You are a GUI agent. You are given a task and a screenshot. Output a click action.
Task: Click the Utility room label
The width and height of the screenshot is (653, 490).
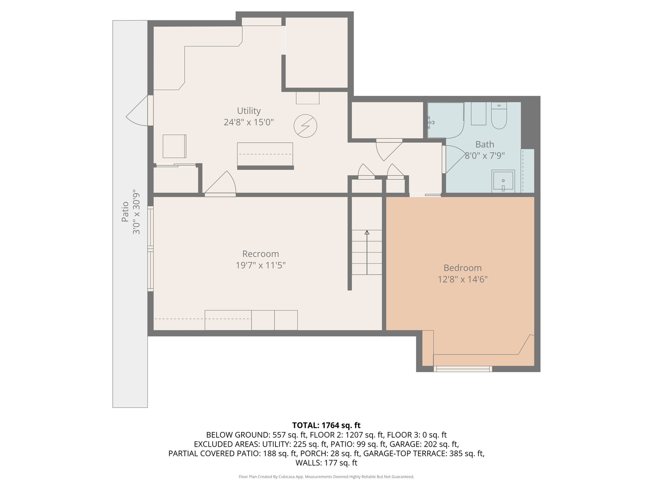[x=249, y=111]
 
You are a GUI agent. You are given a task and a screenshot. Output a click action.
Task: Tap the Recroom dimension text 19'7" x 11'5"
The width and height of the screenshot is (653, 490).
[x=261, y=265]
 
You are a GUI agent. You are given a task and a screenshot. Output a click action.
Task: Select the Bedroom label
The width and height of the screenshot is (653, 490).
[x=462, y=268]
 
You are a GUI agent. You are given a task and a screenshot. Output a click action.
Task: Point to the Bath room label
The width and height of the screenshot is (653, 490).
[x=484, y=144]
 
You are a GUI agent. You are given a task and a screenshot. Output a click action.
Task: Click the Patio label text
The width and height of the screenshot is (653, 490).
[x=125, y=212]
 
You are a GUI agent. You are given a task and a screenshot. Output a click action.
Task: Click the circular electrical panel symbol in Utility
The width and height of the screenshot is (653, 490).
[x=305, y=126]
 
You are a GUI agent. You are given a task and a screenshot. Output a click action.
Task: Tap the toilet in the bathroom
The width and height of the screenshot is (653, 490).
[x=499, y=116]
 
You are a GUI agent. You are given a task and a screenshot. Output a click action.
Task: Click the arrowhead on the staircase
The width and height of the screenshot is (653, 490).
[x=367, y=232]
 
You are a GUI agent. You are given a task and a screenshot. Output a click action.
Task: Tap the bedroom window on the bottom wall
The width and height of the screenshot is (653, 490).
[x=462, y=369]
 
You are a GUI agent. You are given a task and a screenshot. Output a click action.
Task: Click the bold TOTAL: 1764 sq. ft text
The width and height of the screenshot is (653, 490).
[x=326, y=425]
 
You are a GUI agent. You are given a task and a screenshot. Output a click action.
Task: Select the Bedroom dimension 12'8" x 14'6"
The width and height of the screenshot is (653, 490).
[x=462, y=279]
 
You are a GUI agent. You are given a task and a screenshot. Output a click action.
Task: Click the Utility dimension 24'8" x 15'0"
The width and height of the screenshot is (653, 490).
[x=249, y=122]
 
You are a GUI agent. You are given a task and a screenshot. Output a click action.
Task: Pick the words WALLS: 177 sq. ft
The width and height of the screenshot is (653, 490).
[x=326, y=463]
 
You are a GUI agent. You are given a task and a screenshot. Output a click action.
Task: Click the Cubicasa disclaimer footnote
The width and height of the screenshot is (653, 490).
[x=326, y=477]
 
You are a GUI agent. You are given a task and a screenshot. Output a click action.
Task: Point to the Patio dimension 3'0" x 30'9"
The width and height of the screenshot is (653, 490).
[x=136, y=212]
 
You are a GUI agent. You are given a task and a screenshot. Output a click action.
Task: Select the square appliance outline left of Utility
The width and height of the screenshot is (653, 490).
[x=174, y=146]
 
